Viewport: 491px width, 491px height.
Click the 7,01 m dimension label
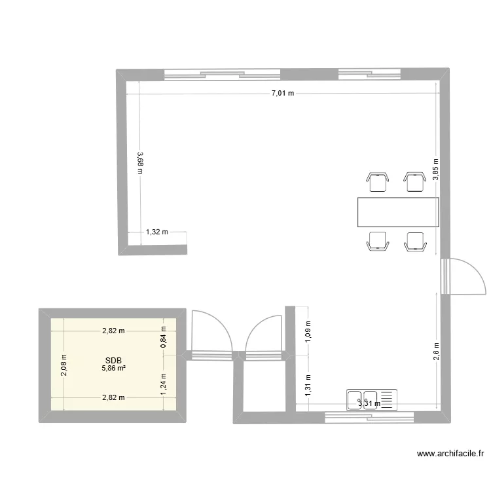[x=283, y=94]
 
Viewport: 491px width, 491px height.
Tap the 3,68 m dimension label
[x=139, y=163]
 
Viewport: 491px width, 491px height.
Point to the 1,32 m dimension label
[x=157, y=232]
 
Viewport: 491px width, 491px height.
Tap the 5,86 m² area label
[x=113, y=369]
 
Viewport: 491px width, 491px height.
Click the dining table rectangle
[x=397, y=212]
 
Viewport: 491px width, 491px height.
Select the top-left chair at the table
[x=378, y=181]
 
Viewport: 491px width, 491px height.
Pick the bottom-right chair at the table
[x=414, y=242]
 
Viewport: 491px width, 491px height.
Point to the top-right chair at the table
[x=414, y=181]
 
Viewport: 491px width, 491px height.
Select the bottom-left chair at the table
[x=378, y=242]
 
